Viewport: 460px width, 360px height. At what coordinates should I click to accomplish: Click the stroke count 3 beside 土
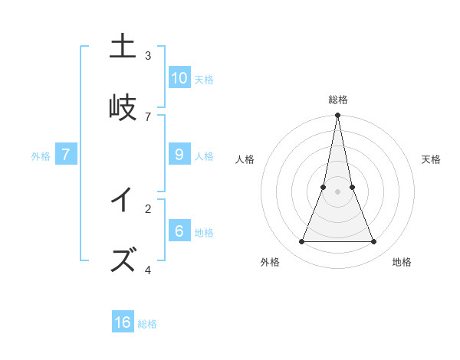148,55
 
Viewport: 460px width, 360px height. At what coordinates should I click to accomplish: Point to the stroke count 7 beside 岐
148,116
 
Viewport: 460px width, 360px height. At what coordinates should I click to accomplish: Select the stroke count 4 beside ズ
148,270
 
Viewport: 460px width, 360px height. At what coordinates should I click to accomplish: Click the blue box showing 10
179,77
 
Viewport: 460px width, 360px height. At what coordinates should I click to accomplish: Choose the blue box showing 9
179,154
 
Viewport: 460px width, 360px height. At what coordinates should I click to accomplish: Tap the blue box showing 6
179,231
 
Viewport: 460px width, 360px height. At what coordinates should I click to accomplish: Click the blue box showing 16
123,322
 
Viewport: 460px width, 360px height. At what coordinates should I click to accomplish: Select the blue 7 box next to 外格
66,154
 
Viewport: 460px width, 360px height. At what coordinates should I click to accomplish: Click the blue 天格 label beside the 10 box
204,79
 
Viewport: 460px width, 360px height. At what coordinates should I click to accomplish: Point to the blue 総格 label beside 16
147,324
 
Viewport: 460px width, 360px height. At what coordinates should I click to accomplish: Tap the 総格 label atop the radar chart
338,100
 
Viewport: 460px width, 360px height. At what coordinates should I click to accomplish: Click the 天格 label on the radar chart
431,159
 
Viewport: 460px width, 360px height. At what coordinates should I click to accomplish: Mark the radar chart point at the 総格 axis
338,116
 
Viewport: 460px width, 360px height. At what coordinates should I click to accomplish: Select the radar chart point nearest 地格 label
374,242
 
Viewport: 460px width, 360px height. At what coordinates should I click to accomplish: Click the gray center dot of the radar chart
338,192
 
